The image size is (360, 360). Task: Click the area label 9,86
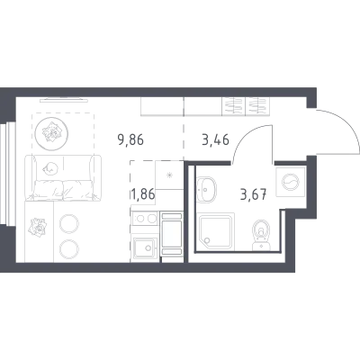[x=130, y=139]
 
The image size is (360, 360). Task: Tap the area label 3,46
[x=216, y=139]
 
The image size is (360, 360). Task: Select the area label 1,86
[x=142, y=194]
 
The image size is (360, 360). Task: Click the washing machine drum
[x=291, y=182]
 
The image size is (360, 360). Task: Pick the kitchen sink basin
[x=145, y=247]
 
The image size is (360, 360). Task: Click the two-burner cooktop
[x=145, y=219]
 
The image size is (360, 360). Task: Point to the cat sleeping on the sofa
[x=50, y=169]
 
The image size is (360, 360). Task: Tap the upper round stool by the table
[x=69, y=224]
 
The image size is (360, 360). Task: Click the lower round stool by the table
[x=69, y=248]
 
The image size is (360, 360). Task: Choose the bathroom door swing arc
[x=247, y=138]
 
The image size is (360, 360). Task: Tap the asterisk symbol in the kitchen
[x=170, y=175]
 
